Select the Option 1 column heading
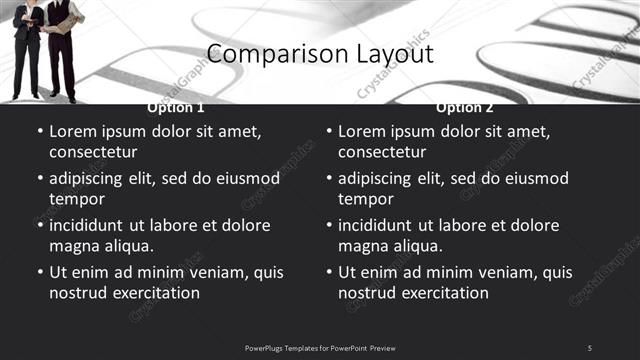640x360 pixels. coord(176,108)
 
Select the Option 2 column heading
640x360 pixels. coord(465,108)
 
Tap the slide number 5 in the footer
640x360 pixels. coord(589,347)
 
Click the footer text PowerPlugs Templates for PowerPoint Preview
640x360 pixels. coord(320,347)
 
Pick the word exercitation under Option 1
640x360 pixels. coord(155,293)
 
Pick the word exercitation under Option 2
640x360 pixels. coord(444,293)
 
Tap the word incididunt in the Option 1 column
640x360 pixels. coord(89,225)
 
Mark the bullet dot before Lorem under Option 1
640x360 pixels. coord(39,131)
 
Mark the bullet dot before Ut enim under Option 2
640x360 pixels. coord(328,272)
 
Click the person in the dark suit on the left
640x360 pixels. coord(28,45)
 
